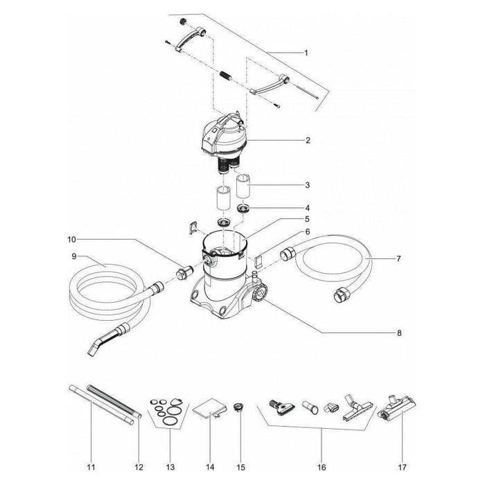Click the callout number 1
coord(306,53)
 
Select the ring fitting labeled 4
coord(245,209)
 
